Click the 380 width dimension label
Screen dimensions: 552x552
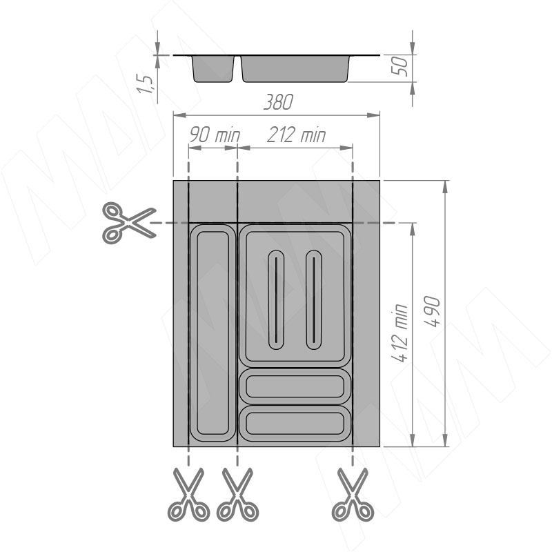click(x=279, y=102)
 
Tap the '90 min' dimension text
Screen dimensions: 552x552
click(x=215, y=135)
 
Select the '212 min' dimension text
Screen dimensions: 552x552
click(x=297, y=135)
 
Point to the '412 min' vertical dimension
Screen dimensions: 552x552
click(x=400, y=333)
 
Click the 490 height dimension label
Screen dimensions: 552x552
click(x=433, y=312)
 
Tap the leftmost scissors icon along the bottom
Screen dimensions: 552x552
click(x=189, y=495)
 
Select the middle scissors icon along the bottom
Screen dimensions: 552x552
click(x=237, y=495)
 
